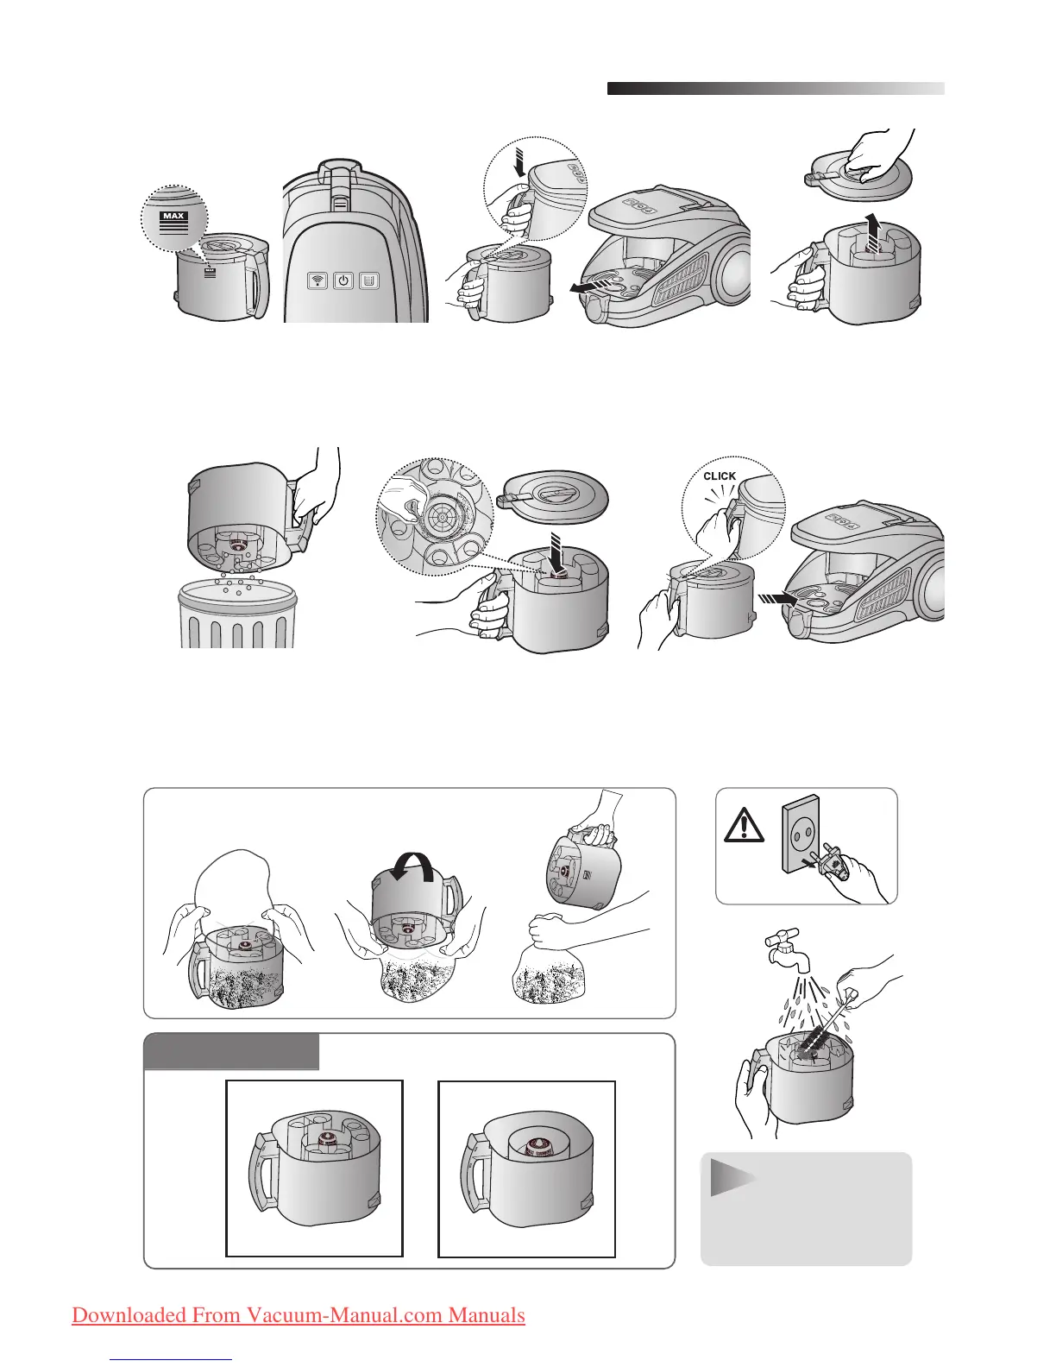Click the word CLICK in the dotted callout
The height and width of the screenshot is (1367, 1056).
720,476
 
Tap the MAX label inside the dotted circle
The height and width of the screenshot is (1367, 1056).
173,216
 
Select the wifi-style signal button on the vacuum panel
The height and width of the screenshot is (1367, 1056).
317,280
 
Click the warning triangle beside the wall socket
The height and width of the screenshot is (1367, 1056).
744,825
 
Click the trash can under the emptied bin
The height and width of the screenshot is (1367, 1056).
236,614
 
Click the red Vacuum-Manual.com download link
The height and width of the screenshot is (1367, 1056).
299,1314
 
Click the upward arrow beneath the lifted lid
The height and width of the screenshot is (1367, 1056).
871,233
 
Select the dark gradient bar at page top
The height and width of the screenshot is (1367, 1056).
776,88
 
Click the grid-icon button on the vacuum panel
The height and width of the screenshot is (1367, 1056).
369,280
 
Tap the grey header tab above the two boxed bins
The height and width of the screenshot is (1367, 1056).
231,1051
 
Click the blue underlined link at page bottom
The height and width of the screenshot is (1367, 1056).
175,1358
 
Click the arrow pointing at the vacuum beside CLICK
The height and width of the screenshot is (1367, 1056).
777,600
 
